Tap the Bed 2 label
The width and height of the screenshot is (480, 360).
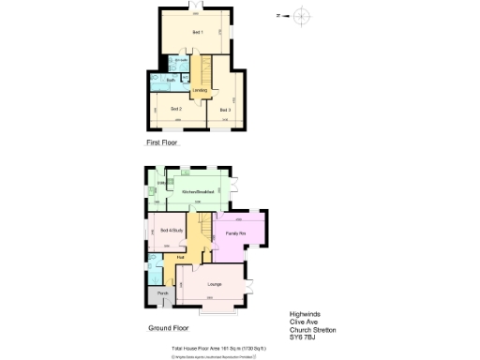coord(175,110)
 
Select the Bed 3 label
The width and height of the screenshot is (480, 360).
coord(225,110)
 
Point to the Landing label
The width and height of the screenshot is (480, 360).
coord(200,90)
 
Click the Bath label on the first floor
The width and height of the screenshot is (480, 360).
coord(171,80)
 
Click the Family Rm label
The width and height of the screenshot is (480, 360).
coord(236,232)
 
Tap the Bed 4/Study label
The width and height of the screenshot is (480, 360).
coord(172,231)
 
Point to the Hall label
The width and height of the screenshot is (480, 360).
coord(180,256)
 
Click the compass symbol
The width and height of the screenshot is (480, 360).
coord(300,16)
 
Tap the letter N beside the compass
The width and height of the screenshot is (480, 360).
coord(278,16)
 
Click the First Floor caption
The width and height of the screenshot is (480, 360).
coord(161,143)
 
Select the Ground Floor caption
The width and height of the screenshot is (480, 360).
coord(169,329)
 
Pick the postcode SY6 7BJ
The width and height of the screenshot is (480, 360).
coord(304,337)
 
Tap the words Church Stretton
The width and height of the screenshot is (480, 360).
coord(312,330)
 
